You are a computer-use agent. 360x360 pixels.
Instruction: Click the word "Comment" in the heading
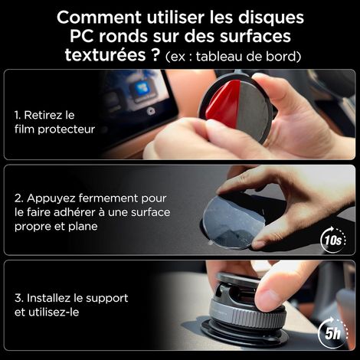click(99, 18)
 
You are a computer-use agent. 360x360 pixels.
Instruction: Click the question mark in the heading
click(155, 54)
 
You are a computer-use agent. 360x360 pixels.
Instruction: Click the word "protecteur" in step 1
click(67, 129)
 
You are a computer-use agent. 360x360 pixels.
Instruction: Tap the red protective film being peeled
click(223, 102)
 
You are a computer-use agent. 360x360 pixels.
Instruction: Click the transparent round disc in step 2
click(232, 223)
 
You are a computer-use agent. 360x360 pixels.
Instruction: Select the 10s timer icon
click(333, 240)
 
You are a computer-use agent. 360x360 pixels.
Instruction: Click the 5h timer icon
click(333, 332)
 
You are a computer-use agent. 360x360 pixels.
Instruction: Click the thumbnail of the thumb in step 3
click(266, 296)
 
